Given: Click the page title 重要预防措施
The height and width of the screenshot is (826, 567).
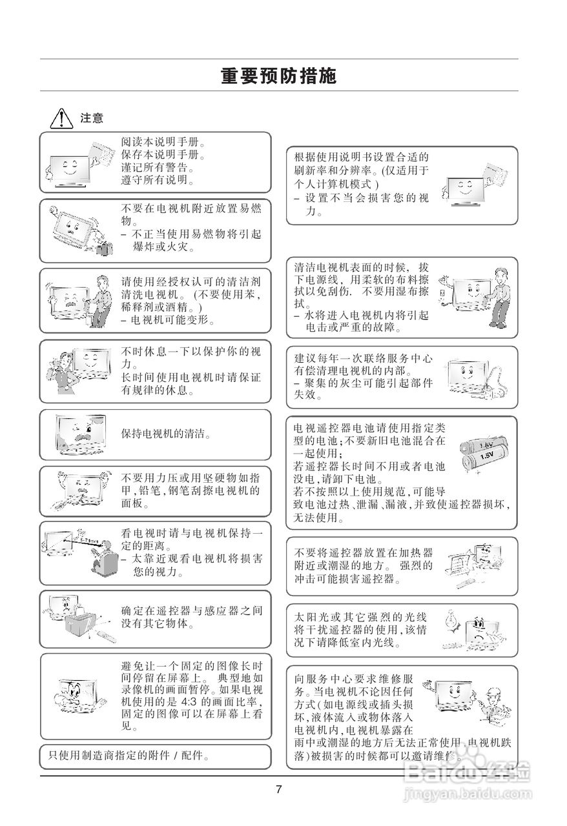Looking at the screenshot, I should click(278, 76).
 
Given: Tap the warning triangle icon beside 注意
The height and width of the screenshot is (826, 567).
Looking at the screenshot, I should click(60, 118).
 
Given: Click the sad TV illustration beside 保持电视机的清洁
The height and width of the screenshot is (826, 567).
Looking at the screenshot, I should click(81, 434).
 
